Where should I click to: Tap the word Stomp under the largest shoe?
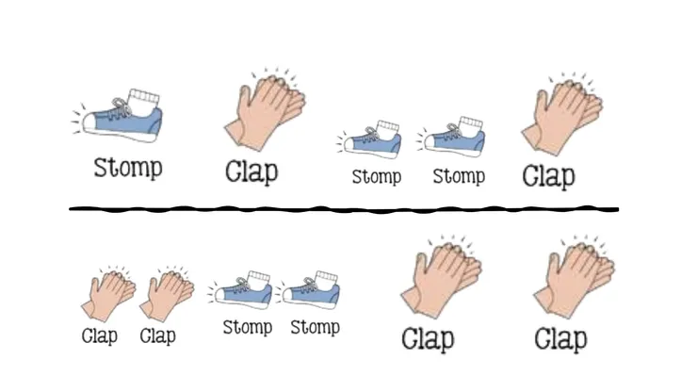point(128,168)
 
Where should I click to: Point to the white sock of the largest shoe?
point(143,99)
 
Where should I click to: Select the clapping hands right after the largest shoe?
point(265,109)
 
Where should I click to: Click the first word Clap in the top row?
point(251,172)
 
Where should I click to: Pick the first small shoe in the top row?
point(370,139)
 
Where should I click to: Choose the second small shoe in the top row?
point(451,137)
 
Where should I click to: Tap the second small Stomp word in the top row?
point(459,176)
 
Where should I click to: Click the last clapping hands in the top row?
point(562,114)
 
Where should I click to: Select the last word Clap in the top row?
point(548,176)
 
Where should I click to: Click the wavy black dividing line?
point(344,208)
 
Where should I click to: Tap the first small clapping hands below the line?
point(108,294)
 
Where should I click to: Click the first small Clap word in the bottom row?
point(100,336)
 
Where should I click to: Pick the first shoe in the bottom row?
point(239,290)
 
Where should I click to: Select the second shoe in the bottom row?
point(308,290)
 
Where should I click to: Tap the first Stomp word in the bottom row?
point(247,328)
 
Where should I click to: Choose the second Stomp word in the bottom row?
point(316,328)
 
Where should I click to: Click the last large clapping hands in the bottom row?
point(575,277)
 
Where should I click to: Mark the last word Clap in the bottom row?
point(560,339)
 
